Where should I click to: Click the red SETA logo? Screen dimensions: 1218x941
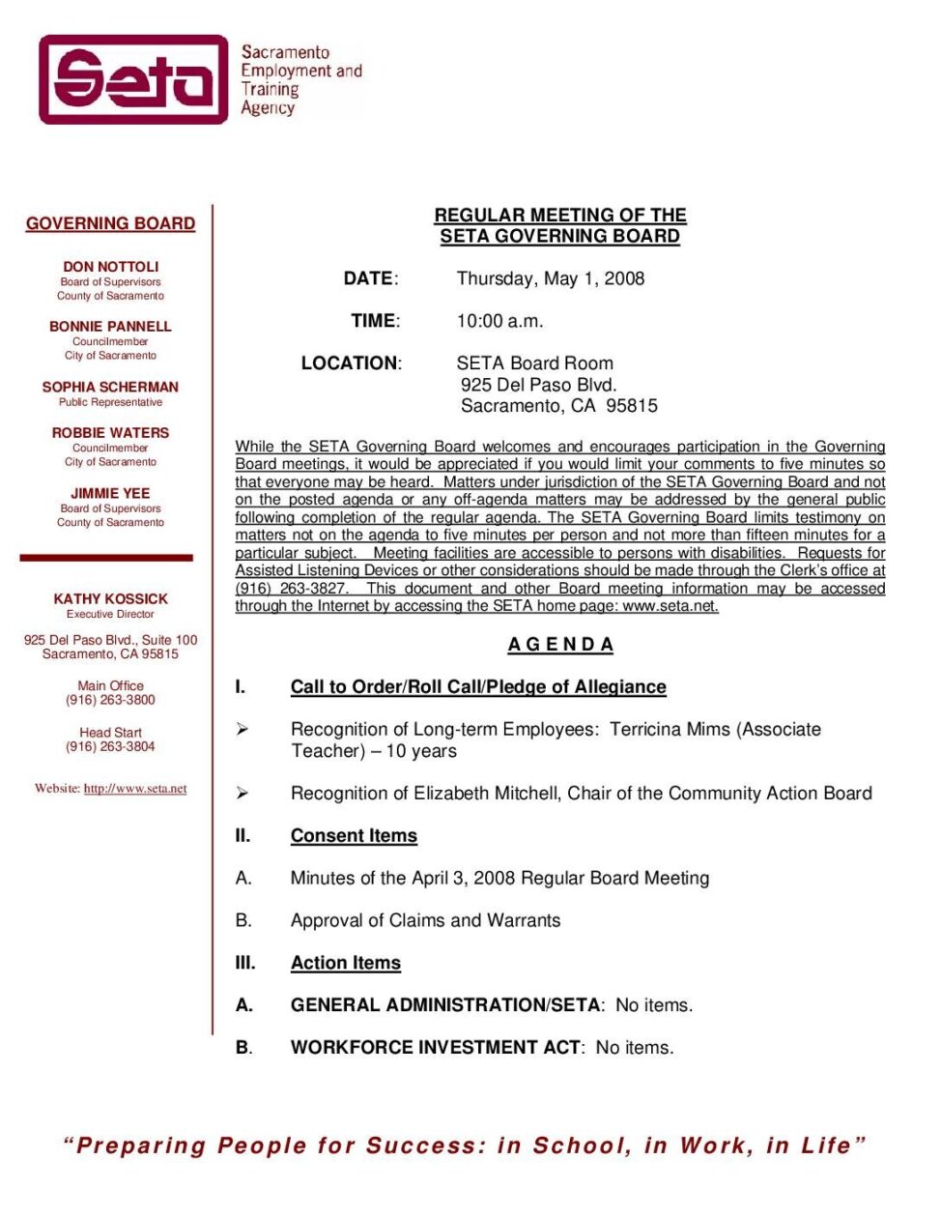[x=133, y=79]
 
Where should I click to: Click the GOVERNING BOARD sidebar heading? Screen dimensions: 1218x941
[x=110, y=223]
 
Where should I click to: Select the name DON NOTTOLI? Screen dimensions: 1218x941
[x=110, y=267]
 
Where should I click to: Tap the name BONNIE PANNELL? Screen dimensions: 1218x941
[x=110, y=327]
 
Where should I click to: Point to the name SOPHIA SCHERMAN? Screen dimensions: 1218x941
[x=110, y=387]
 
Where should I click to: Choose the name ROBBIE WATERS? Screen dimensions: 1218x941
[x=110, y=433]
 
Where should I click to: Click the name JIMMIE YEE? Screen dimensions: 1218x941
[x=110, y=493]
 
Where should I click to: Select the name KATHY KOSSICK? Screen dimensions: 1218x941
[x=110, y=599]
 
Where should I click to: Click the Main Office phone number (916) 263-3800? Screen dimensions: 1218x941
[x=110, y=700]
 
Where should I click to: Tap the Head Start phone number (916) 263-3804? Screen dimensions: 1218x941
[x=110, y=746]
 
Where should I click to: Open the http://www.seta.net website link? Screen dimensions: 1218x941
[x=135, y=789]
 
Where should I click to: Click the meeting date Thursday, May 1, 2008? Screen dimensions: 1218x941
[x=550, y=278]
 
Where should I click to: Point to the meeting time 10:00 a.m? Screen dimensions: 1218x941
[x=499, y=321]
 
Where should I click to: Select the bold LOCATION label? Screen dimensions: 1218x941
[x=350, y=363]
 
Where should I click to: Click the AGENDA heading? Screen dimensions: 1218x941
[x=560, y=645]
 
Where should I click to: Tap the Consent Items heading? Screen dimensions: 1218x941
[x=354, y=836]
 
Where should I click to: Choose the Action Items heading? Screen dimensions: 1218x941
[x=345, y=964]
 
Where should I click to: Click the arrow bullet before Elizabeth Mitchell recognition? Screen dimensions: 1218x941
[x=242, y=794]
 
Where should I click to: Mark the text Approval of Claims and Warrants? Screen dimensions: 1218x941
[x=425, y=921]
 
